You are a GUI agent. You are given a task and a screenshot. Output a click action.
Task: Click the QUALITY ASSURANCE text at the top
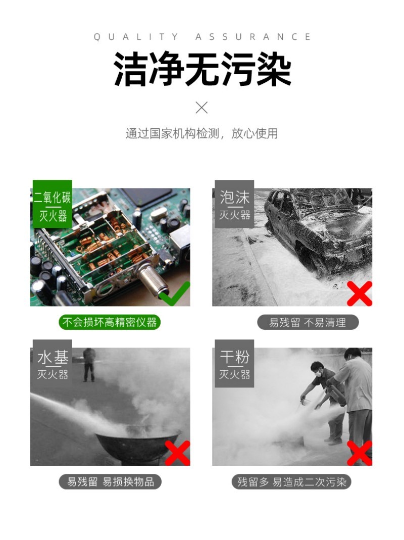pyautogui.click(x=202, y=37)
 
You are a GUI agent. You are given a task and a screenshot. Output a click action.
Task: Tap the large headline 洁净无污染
pyautogui.click(x=203, y=69)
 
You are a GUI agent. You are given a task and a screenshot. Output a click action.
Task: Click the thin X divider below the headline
pyautogui.click(x=201, y=108)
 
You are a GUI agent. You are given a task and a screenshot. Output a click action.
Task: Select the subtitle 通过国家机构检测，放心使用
pyautogui.click(x=202, y=133)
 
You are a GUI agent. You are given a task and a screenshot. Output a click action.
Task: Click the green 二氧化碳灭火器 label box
pyautogui.click(x=53, y=204)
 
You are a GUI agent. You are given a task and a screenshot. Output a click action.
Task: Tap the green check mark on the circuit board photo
pyautogui.click(x=175, y=294)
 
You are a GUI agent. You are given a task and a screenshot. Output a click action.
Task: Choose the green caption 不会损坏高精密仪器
pyautogui.click(x=110, y=322)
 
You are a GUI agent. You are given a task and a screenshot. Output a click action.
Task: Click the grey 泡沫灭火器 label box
pyautogui.click(x=234, y=204)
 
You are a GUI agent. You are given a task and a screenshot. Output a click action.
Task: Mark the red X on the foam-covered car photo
pyautogui.click(x=359, y=293)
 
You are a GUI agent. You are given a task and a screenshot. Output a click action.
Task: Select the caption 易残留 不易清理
pyautogui.click(x=308, y=322)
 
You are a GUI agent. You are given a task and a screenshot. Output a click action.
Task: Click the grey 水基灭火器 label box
pyautogui.click(x=53, y=363)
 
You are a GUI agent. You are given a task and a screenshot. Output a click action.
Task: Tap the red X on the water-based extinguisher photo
pyautogui.click(x=177, y=453)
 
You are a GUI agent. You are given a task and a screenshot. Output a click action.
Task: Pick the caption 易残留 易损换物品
pyautogui.click(x=110, y=482)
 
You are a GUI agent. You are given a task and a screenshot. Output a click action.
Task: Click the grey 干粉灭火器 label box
pyautogui.click(x=234, y=363)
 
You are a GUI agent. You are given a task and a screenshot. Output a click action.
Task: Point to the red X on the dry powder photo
pyautogui.click(x=359, y=453)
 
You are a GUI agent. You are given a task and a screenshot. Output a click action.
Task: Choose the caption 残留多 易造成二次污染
pyautogui.click(x=291, y=482)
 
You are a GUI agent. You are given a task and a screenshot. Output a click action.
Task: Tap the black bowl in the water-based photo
pyautogui.click(x=138, y=444)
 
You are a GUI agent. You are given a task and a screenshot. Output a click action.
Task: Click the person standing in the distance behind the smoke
pyautogui.click(x=89, y=364)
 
